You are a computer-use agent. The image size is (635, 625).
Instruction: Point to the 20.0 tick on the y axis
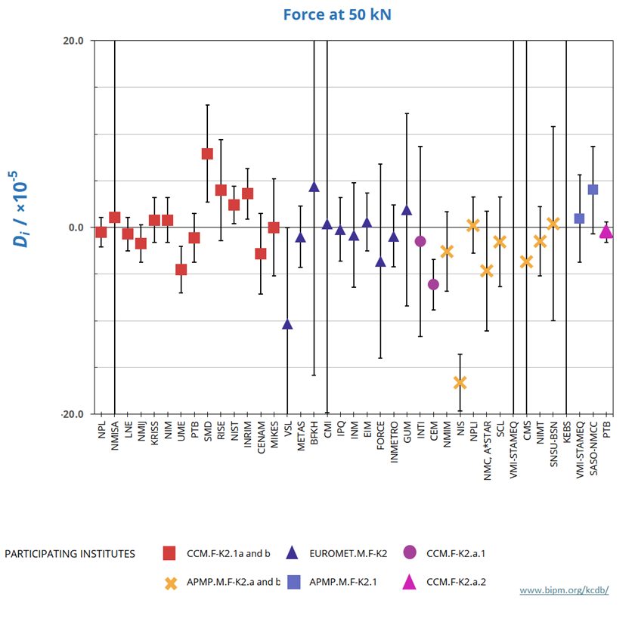click(73, 41)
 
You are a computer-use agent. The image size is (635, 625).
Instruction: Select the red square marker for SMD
click(207, 154)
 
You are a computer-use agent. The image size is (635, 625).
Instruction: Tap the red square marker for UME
click(181, 270)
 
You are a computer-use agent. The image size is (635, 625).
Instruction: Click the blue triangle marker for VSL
click(287, 324)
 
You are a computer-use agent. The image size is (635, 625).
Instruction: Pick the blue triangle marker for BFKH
click(314, 187)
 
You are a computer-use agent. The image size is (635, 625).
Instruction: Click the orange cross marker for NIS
click(460, 383)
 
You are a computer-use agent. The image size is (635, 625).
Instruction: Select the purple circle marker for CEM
click(433, 284)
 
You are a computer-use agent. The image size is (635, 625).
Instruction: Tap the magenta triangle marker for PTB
click(606, 232)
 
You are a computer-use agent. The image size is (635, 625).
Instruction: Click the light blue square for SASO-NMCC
click(593, 189)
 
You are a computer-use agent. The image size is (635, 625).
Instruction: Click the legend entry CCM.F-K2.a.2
click(456, 582)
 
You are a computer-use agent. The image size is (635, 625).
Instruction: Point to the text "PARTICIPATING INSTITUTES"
click(70, 554)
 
